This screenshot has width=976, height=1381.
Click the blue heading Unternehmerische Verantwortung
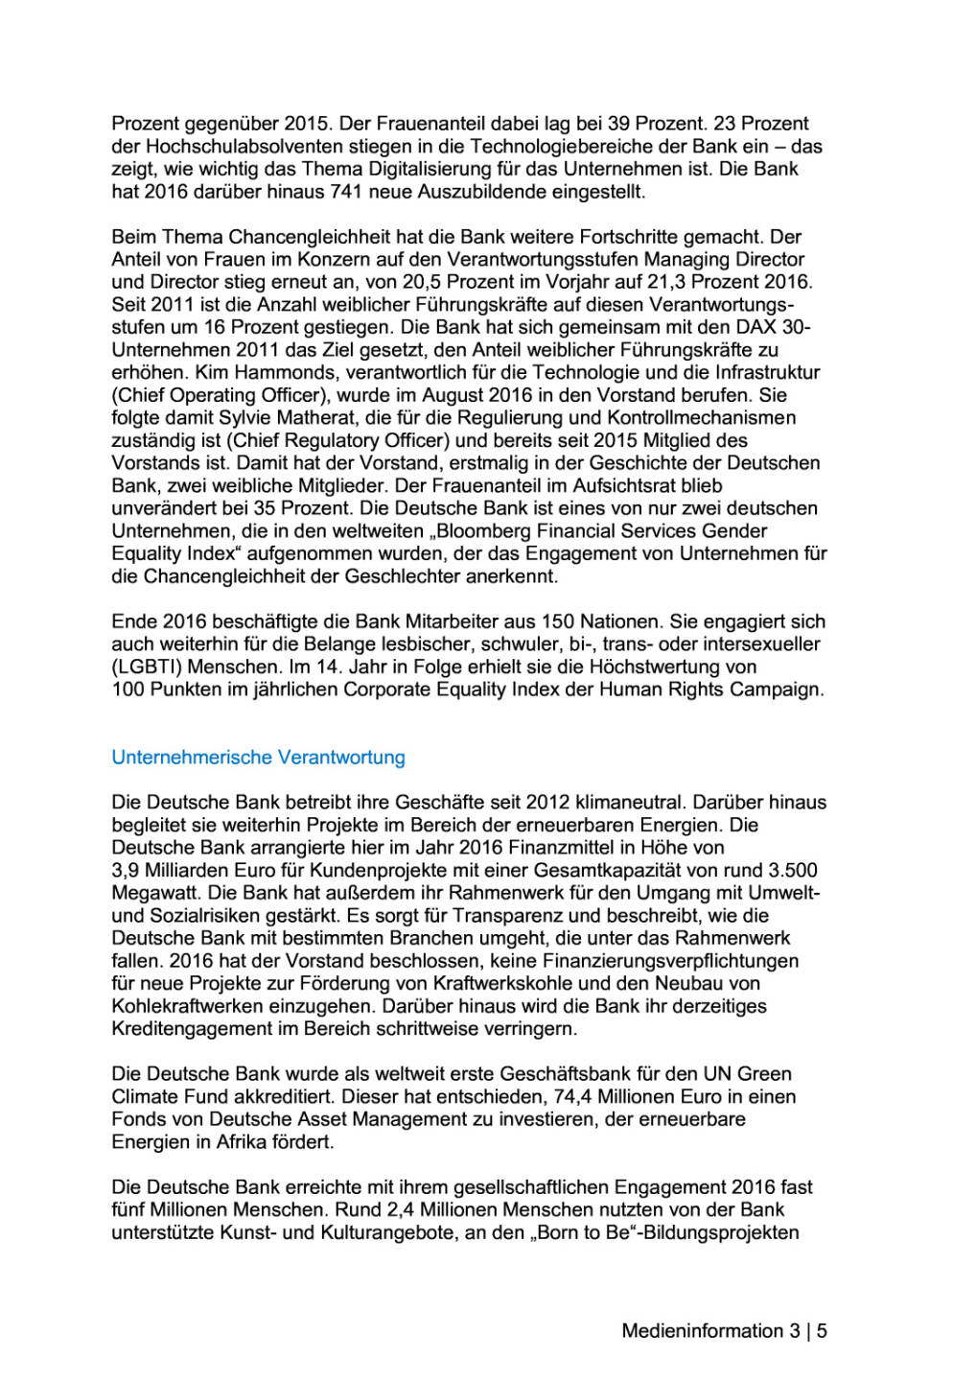258,758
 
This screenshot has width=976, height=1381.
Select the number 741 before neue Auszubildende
345,192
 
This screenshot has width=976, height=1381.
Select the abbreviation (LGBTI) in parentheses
146,667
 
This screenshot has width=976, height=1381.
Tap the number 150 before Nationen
558,622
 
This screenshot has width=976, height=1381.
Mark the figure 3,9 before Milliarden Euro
126,871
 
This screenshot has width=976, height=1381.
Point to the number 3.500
794,871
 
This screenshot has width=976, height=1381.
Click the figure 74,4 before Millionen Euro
572,1097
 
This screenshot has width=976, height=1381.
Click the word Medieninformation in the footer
703,1331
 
